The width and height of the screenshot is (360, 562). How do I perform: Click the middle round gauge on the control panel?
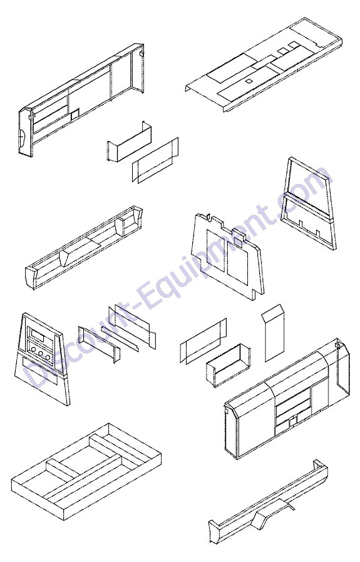point(40,354)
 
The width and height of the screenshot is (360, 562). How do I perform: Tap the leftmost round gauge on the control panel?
point(33,351)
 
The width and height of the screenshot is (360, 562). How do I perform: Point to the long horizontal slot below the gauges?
point(39,370)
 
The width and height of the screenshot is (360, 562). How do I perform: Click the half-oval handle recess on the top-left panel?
point(23,138)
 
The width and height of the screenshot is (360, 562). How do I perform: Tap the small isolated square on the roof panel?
point(248,82)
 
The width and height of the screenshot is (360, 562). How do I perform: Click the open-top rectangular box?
point(228,365)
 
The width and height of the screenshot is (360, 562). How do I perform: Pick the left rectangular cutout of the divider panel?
point(216,250)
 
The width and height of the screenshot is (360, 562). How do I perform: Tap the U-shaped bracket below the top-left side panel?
point(129,141)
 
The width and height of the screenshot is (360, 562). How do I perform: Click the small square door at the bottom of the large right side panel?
point(293,420)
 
